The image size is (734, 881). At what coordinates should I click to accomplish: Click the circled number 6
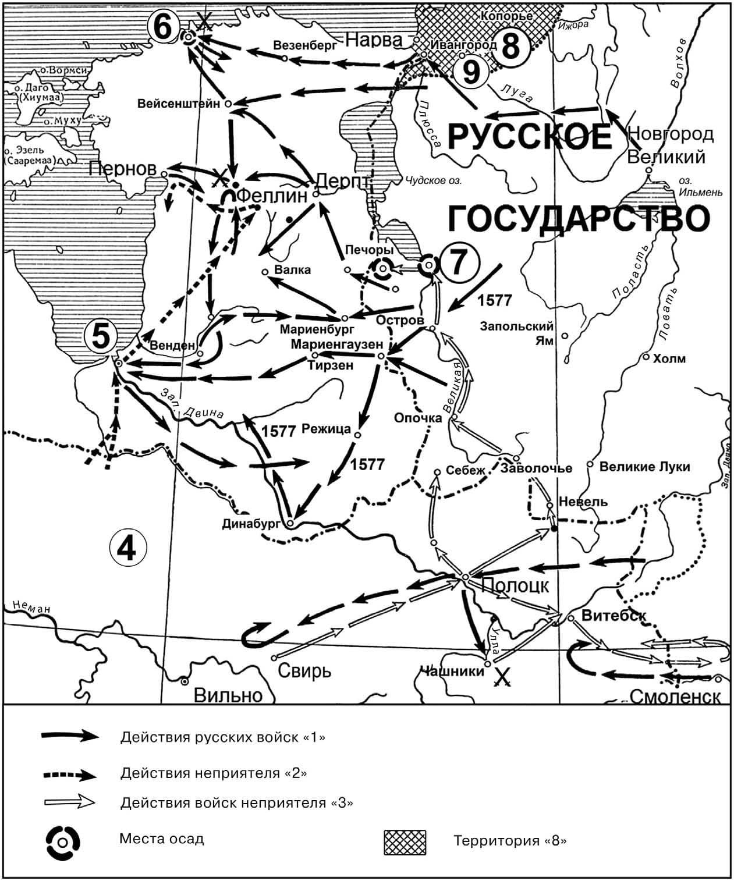pyautogui.click(x=164, y=26)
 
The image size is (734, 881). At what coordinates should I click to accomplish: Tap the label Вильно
pyautogui.click(x=228, y=695)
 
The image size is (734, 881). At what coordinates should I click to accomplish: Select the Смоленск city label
pyautogui.click(x=675, y=696)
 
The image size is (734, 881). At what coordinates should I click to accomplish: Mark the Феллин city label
pyautogui.click(x=271, y=196)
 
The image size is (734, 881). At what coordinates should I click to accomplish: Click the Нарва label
pyautogui.click(x=374, y=40)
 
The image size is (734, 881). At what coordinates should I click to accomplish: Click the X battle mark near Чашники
pyautogui.click(x=503, y=676)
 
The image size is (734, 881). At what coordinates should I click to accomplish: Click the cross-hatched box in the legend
pyautogui.click(x=405, y=842)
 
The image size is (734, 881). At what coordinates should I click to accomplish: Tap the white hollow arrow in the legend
pyautogui.click(x=69, y=802)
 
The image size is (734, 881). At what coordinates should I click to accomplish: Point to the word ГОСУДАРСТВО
pyautogui.click(x=579, y=219)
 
